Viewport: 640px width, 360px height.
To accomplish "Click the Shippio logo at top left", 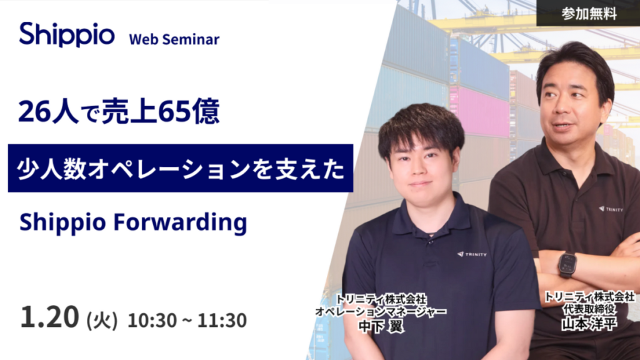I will [x=66, y=35].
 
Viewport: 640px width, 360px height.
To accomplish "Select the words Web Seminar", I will [x=174, y=39].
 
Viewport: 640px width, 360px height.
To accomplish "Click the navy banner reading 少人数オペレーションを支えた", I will [x=180, y=168].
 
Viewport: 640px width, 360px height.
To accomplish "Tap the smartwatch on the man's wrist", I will [x=567, y=264].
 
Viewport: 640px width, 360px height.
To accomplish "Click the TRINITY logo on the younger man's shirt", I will [x=472, y=254].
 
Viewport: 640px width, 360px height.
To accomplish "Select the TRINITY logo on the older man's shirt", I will [x=611, y=209].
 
